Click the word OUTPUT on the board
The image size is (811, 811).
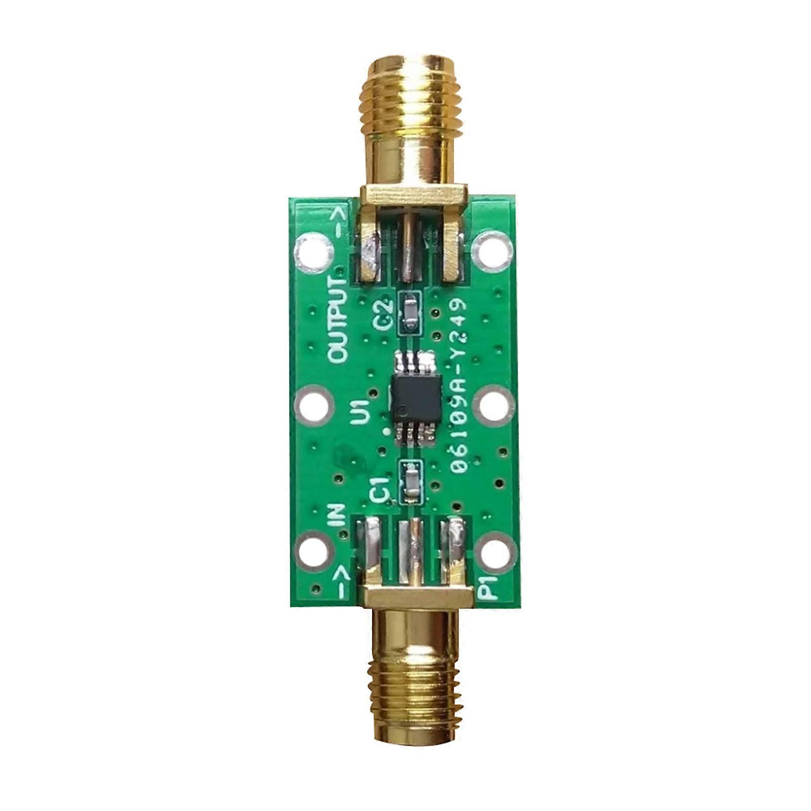[x=339, y=321]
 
